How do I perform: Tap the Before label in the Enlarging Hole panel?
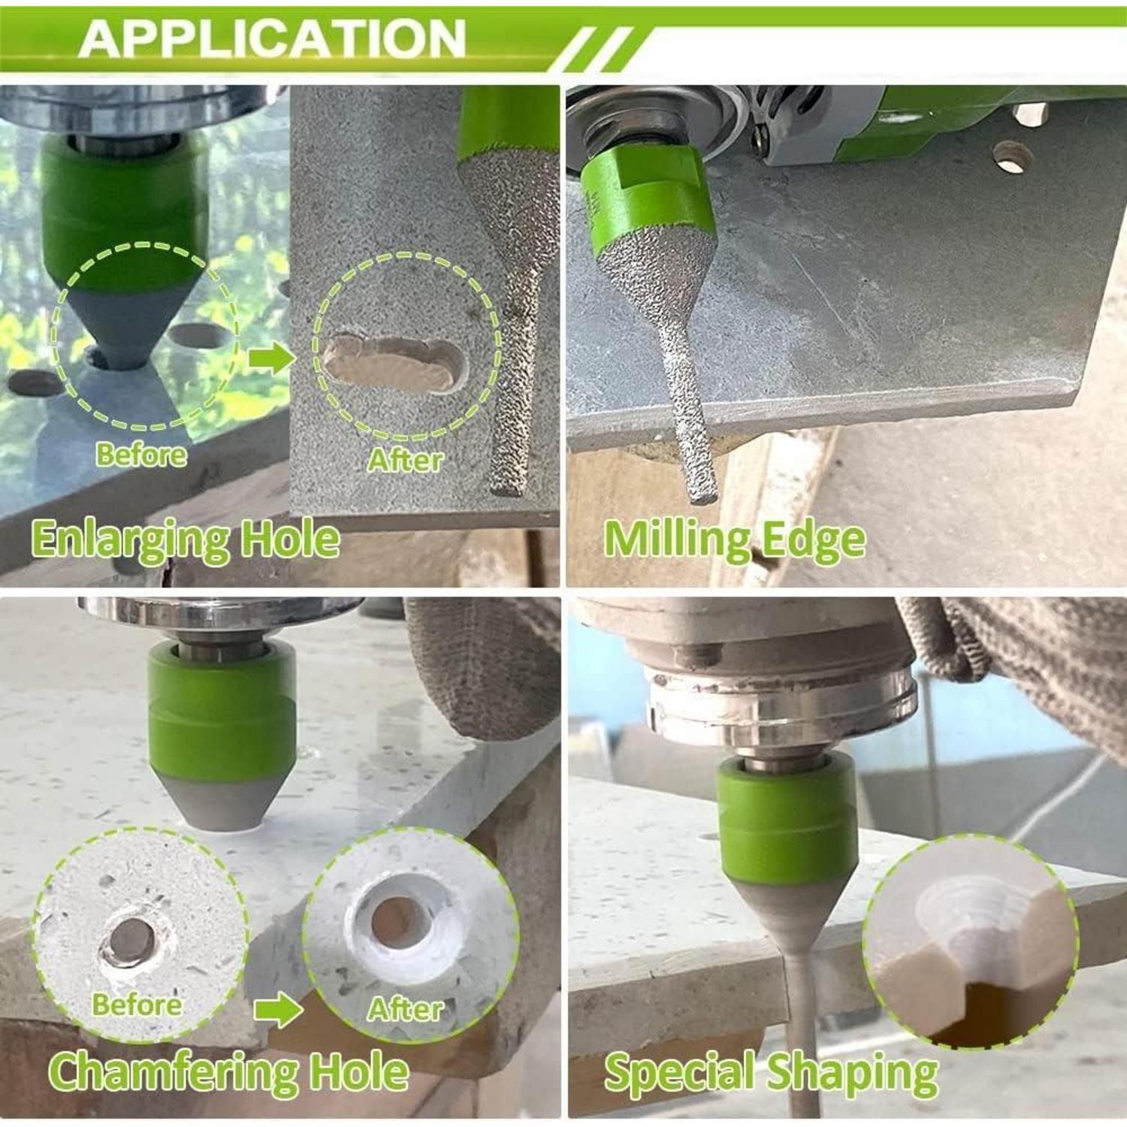(x=141, y=455)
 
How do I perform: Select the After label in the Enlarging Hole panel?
(x=405, y=460)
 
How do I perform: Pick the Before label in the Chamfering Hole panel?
(x=137, y=1005)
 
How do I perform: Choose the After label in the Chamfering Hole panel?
(x=405, y=1008)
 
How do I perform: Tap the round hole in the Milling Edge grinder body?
(x=1012, y=156)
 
